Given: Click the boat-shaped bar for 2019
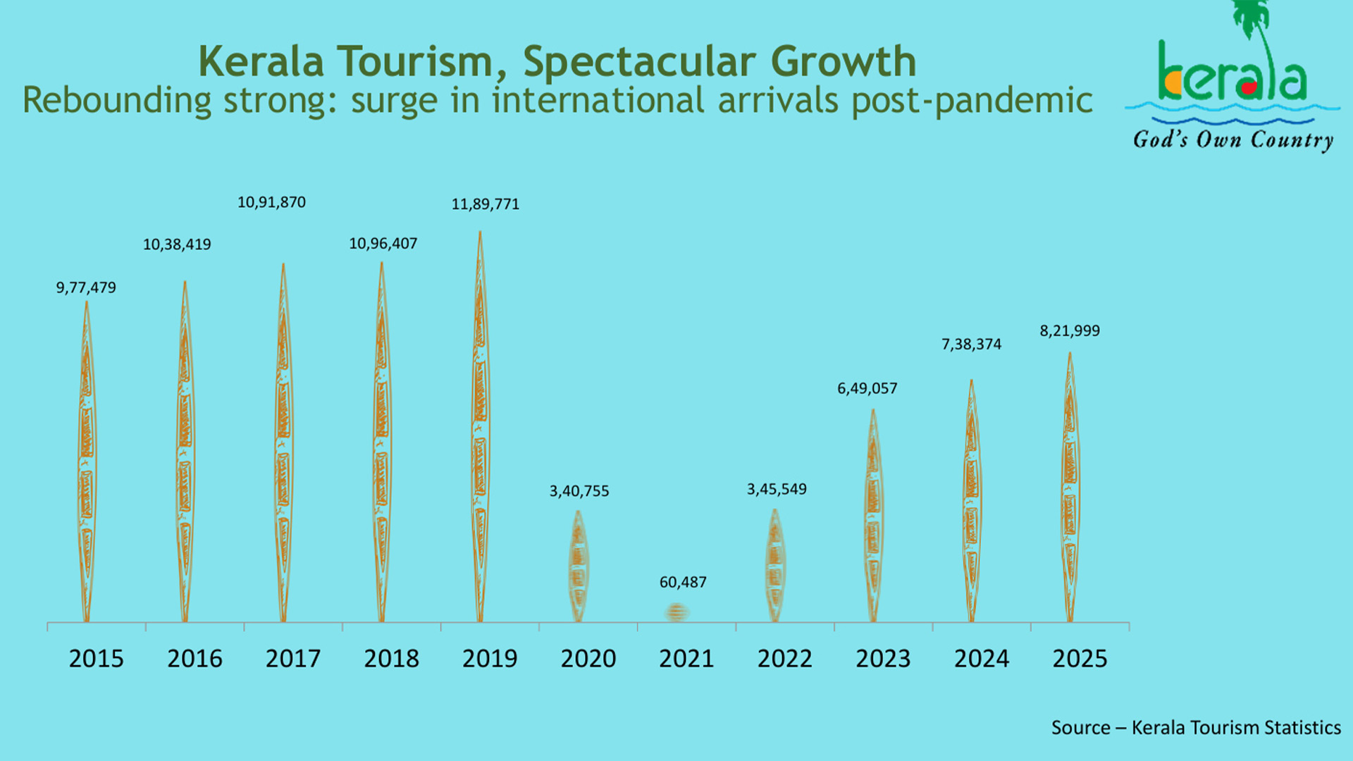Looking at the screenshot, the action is (480, 426).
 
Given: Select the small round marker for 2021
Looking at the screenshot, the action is (676, 612).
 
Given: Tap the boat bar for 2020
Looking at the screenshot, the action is (578, 567).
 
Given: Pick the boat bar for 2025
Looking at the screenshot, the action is (1070, 488).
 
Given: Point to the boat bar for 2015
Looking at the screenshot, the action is (86, 462).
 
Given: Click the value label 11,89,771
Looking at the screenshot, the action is (486, 204).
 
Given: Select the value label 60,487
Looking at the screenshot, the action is (683, 583).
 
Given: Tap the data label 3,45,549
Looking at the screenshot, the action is (777, 489).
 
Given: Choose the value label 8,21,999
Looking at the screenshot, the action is (1070, 331).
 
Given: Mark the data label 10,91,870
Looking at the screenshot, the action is (271, 203).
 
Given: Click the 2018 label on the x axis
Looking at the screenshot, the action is (391, 659).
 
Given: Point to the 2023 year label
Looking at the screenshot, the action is (883, 659).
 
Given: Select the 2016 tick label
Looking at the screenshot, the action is (194, 659).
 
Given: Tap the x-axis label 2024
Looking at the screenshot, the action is (982, 659).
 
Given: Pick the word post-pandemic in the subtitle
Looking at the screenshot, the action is (972, 101).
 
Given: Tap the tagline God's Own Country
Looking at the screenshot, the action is (1233, 140).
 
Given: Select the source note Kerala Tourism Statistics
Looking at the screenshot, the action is (1236, 728).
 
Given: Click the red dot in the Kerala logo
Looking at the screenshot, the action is (1249, 88).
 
